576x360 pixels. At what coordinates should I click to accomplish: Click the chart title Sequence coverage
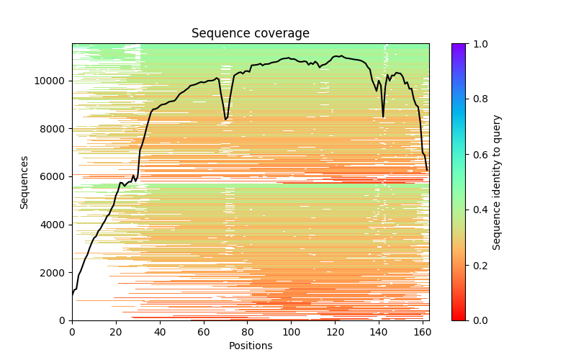(250, 34)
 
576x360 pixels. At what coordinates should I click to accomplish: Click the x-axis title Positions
(250, 346)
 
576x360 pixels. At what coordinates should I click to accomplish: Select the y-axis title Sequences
(24, 182)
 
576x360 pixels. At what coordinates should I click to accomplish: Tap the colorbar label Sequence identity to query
(497, 182)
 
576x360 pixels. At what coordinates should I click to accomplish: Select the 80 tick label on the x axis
(248, 332)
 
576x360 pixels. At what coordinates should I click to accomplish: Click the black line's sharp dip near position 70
(225, 119)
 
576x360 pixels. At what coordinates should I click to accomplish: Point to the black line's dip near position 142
(383, 117)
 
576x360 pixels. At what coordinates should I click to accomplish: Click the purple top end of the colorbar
(458, 47)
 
